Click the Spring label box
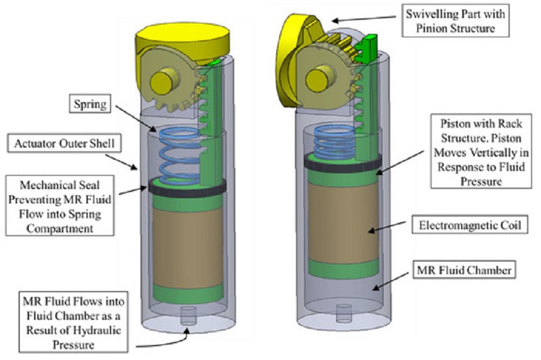click(x=90, y=103)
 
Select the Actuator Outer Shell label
click(x=64, y=143)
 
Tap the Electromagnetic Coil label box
click(x=470, y=225)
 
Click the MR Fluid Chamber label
click(x=464, y=269)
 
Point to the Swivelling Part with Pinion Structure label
click(x=455, y=20)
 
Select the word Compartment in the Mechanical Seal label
click(x=60, y=228)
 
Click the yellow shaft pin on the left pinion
click(x=165, y=80)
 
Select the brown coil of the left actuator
click(x=188, y=247)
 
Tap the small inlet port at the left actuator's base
click(x=188, y=315)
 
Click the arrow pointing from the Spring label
click(x=136, y=119)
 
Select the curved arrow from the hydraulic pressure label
click(x=163, y=340)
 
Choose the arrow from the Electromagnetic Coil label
click(x=387, y=227)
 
